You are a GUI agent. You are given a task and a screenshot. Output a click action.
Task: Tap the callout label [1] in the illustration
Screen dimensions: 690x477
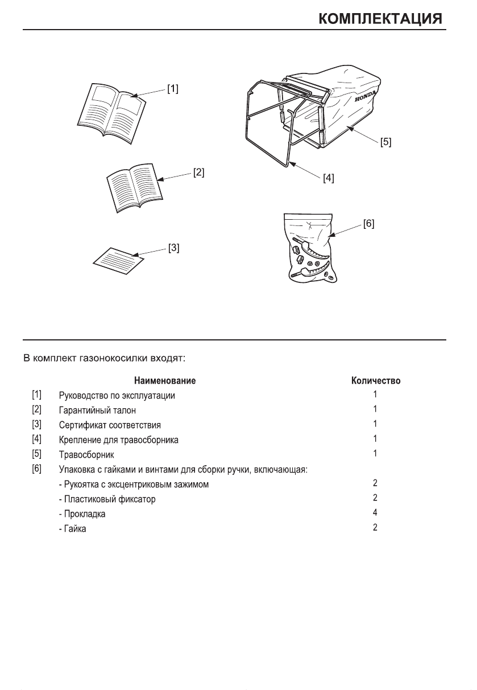(x=172, y=89)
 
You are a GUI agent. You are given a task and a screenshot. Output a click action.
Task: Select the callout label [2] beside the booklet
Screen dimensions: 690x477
(x=198, y=171)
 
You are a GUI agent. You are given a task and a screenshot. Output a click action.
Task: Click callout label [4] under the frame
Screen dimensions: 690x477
(x=328, y=178)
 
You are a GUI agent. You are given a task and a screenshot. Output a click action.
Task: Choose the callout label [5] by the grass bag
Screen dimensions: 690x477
(x=385, y=142)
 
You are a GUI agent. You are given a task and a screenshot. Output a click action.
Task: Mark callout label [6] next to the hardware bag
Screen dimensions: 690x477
(x=368, y=224)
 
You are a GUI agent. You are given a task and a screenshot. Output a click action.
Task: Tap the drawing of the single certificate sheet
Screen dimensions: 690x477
(x=118, y=261)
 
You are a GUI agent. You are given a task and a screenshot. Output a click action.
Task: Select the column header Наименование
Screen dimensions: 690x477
(x=165, y=380)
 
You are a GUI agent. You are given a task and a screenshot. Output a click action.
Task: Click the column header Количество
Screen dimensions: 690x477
(x=376, y=380)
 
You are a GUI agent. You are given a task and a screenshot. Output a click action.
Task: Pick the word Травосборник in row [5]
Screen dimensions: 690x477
(x=86, y=455)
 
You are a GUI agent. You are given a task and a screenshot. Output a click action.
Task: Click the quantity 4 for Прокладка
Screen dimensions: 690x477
(x=375, y=512)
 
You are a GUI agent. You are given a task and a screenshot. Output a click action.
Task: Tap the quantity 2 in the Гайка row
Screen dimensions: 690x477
(x=375, y=528)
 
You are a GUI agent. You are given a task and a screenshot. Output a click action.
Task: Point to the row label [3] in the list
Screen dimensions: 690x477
(x=36, y=424)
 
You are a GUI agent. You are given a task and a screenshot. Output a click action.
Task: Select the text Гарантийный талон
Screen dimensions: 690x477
(x=97, y=410)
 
